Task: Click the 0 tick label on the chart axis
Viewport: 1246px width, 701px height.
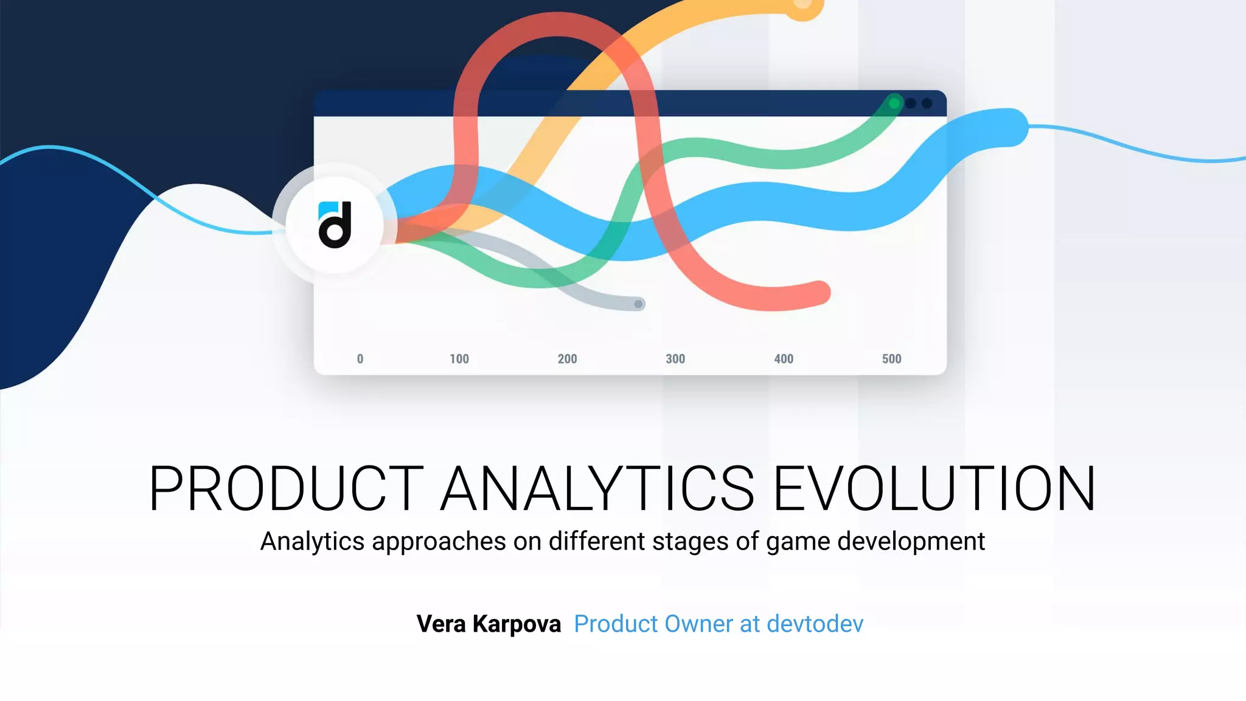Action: [360, 359]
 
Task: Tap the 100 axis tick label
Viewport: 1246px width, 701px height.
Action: [459, 359]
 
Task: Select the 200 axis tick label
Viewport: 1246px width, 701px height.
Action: [567, 359]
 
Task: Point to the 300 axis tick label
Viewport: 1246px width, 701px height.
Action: [675, 359]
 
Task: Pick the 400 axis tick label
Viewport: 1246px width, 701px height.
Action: [784, 359]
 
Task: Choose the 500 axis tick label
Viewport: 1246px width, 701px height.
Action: [892, 359]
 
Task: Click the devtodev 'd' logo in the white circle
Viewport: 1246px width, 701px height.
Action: [335, 225]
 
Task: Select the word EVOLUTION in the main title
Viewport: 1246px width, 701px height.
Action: [934, 489]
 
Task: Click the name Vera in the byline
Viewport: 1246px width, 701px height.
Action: [442, 624]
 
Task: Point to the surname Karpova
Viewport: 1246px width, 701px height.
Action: [517, 624]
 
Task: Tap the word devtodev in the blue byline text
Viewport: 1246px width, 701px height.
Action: [815, 624]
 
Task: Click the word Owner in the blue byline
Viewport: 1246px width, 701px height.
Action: [700, 624]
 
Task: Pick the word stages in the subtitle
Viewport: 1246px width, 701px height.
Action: [690, 542]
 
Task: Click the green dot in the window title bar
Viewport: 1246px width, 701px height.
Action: [894, 103]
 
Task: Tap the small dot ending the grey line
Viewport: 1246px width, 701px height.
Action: [638, 304]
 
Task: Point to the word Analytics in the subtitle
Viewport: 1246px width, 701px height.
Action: [312, 542]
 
